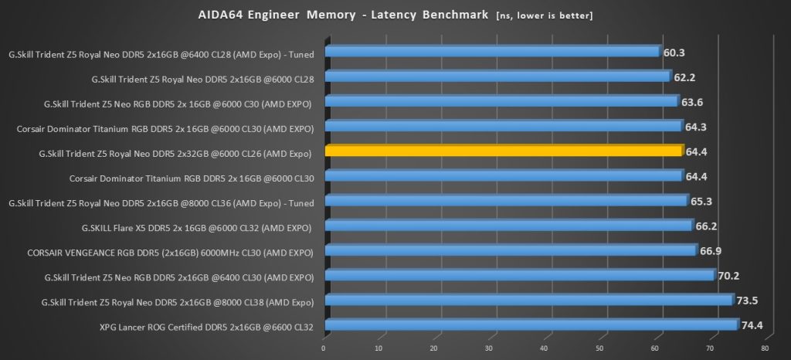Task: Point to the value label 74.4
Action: tap(752, 325)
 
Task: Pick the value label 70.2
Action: tap(728, 276)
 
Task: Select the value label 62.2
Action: tap(684, 77)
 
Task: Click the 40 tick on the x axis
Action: tap(545, 348)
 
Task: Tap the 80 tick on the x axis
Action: tap(765, 348)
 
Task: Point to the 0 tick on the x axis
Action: tap(324, 348)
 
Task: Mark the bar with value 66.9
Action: tap(510, 250)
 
